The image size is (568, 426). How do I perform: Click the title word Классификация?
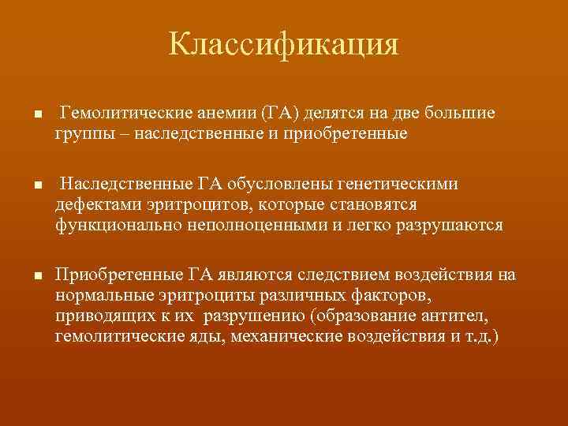[283, 44]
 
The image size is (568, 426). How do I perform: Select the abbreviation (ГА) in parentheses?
[281, 113]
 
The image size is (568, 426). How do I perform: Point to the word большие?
[461, 113]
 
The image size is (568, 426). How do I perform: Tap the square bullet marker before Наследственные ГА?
[28, 186]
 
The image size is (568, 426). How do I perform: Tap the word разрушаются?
[446, 225]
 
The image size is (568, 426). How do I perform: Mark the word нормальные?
[99, 294]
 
